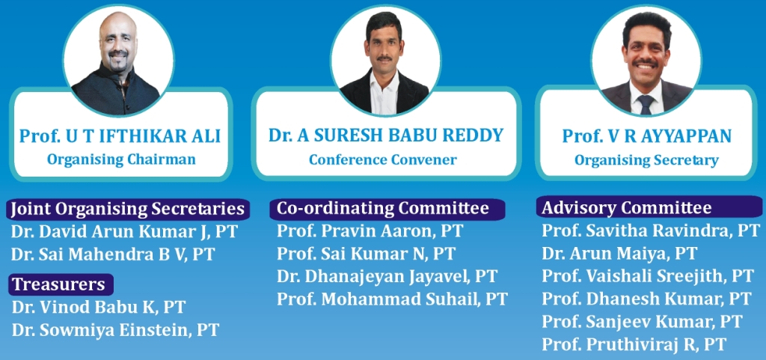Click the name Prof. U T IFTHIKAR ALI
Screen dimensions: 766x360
(x=120, y=135)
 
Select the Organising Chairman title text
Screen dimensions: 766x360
(x=121, y=159)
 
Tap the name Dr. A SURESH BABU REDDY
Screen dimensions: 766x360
(x=386, y=135)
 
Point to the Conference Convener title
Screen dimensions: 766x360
(x=383, y=159)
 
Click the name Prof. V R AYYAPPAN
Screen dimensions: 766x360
(x=647, y=135)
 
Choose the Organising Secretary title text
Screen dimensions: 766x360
(x=646, y=159)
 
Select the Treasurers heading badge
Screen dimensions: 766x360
(x=61, y=284)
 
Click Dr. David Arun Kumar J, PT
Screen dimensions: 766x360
(x=125, y=232)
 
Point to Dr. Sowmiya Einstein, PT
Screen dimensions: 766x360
(x=115, y=330)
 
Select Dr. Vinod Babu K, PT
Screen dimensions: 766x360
(x=99, y=308)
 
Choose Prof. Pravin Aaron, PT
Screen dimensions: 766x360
(x=370, y=231)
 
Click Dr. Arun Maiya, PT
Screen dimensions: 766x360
(x=619, y=253)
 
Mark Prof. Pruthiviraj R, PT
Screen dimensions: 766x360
(x=634, y=344)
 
